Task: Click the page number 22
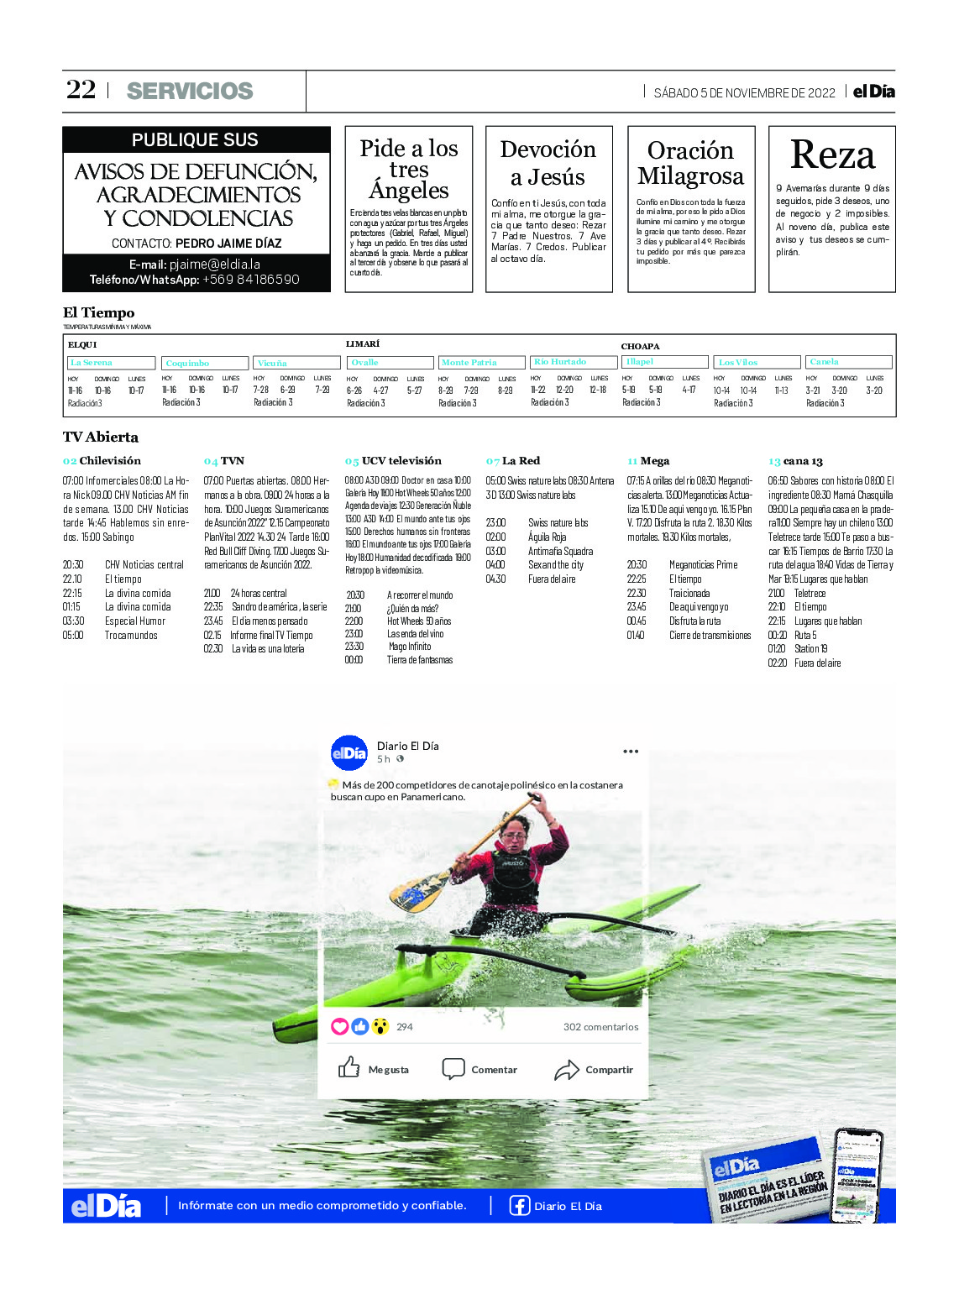(81, 90)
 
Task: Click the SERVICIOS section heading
(190, 91)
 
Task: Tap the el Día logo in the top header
(873, 92)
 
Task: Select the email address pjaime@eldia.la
(215, 264)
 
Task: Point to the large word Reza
(832, 155)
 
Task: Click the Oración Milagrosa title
(690, 163)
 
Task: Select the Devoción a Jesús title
(548, 163)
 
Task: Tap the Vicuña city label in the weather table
(272, 364)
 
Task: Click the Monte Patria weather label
(469, 363)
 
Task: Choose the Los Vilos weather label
(738, 363)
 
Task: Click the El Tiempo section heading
(98, 313)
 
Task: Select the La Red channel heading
(521, 461)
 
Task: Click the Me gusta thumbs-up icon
(348, 1068)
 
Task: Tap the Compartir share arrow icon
(567, 1070)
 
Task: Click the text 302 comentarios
(600, 1027)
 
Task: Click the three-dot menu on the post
(631, 752)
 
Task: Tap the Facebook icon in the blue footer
(520, 1206)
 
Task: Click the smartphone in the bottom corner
(857, 1173)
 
